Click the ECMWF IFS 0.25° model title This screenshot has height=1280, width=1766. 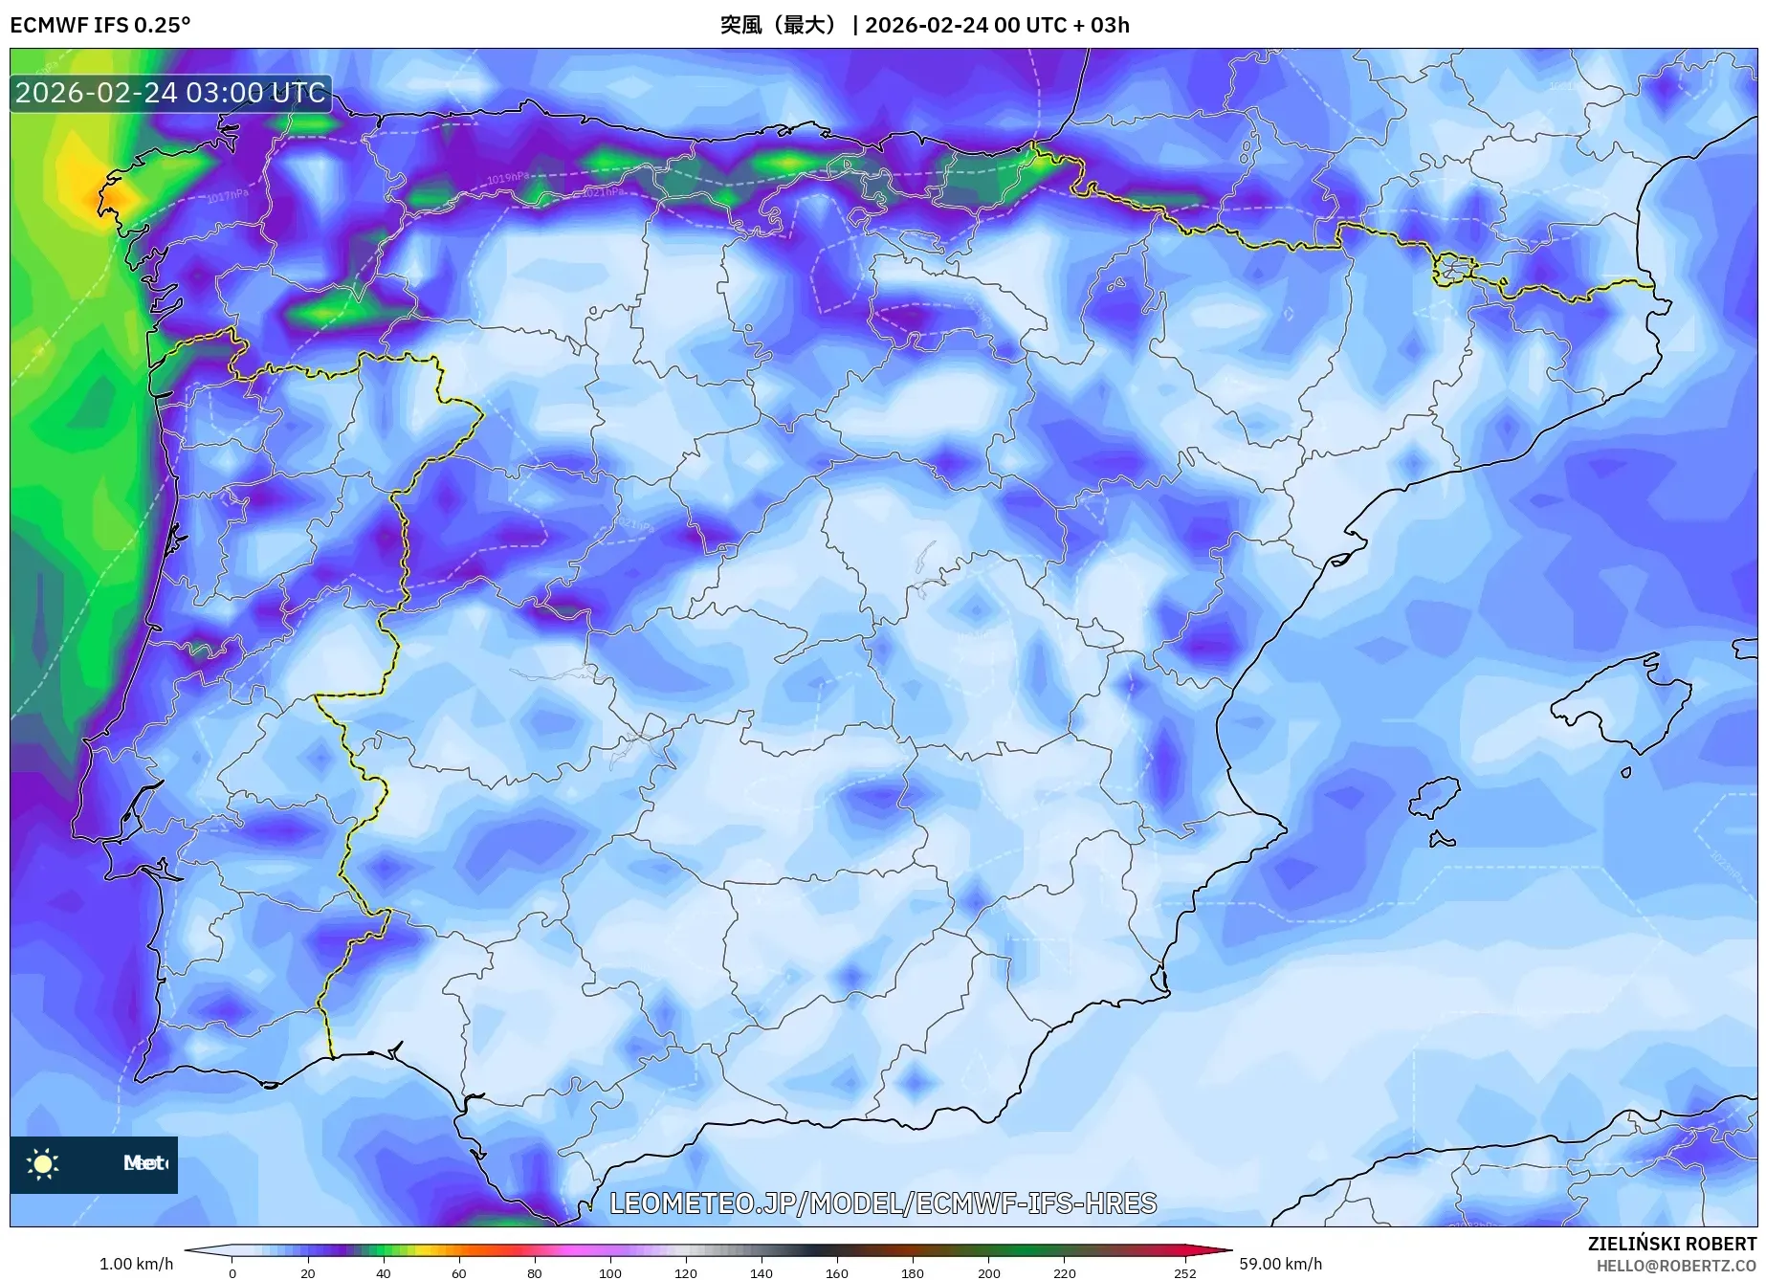[100, 25]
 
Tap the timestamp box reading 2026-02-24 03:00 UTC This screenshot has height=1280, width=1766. [171, 93]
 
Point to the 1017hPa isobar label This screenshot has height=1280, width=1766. [228, 196]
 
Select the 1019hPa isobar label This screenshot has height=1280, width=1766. [508, 178]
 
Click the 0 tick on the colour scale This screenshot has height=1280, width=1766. [232, 1273]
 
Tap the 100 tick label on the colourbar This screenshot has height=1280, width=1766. [609, 1273]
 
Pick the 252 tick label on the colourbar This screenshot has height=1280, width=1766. [1184, 1273]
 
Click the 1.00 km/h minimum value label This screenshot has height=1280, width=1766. [137, 1264]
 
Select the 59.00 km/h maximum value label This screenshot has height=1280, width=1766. [1280, 1264]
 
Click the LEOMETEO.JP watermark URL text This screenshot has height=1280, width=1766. [883, 1203]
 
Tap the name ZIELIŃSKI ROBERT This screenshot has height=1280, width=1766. [1672, 1244]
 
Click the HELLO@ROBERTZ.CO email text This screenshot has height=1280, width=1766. [1676, 1266]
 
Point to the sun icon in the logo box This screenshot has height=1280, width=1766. [43, 1163]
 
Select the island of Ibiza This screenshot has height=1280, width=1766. [1435, 797]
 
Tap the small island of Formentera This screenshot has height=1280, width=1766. [1442, 840]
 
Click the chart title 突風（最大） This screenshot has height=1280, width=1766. [778, 25]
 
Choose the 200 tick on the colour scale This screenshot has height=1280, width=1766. [988, 1273]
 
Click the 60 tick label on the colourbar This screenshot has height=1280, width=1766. [458, 1273]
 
